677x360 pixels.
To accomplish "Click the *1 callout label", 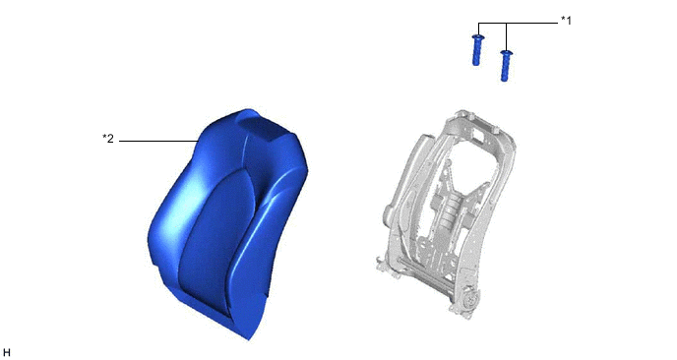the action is click(x=566, y=21).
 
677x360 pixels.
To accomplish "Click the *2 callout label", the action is click(x=108, y=139).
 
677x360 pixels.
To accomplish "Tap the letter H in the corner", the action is click(x=7, y=353).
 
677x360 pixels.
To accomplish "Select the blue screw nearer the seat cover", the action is click(x=476, y=49).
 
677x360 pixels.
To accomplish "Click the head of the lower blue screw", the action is click(x=507, y=53).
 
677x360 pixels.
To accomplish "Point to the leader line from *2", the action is click(x=158, y=142).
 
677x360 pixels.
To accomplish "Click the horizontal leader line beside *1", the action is click(x=519, y=23).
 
